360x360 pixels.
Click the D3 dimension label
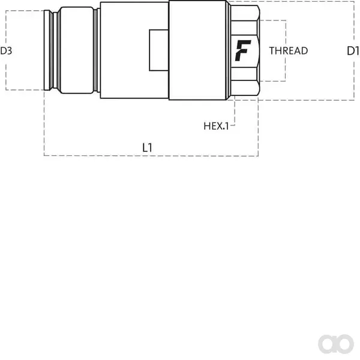tap(6, 51)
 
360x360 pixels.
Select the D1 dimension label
tap(353, 51)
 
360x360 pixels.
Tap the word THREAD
tap(289, 51)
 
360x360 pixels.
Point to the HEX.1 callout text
tap(216, 126)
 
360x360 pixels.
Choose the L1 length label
tap(147, 148)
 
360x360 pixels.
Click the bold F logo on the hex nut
tap(242, 50)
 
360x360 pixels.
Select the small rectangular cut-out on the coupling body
tap(159, 50)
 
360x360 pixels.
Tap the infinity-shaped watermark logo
tap(335, 344)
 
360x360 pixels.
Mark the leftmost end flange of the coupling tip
tap(47, 50)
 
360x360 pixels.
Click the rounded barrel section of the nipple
tap(77, 50)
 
